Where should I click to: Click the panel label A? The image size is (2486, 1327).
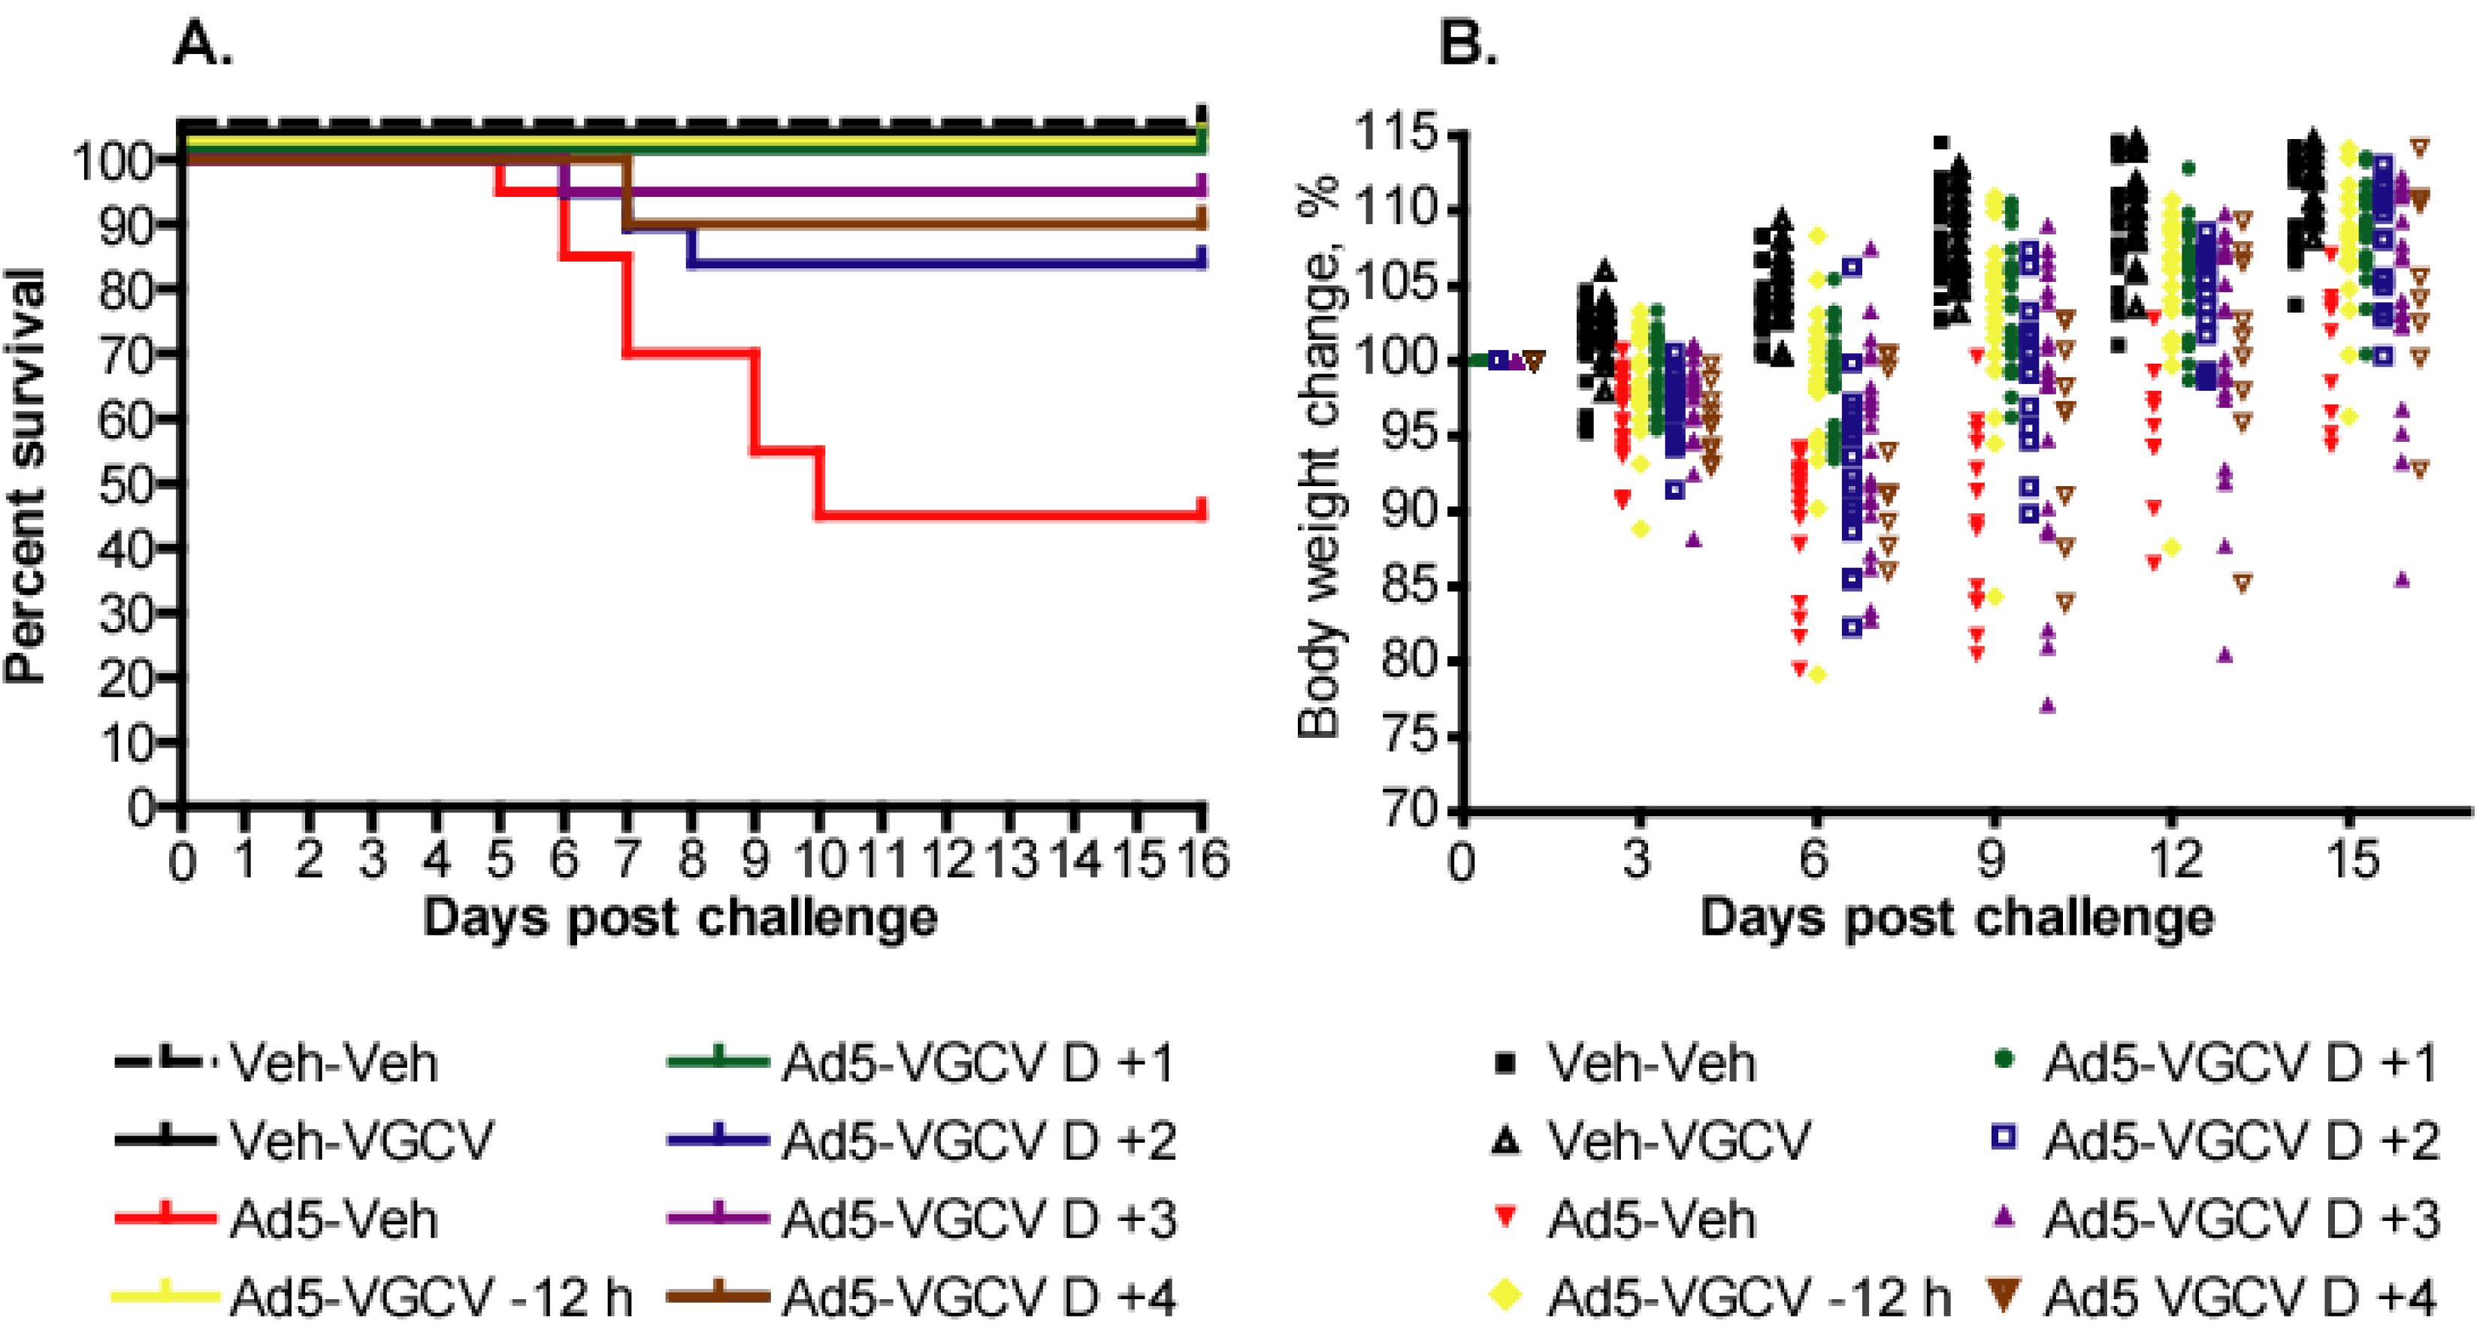(203, 43)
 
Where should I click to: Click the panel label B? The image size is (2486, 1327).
(1468, 43)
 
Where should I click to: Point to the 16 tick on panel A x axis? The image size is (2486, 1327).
(1202, 859)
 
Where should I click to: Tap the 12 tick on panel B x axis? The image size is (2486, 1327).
(2170, 859)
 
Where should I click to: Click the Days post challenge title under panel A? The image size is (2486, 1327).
(679, 917)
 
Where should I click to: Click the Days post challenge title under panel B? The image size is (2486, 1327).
(1956, 917)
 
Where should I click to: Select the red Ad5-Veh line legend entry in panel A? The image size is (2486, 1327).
(164, 1218)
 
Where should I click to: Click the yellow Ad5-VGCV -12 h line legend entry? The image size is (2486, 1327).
(164, 1296)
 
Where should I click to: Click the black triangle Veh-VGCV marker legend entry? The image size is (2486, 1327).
(1505, 1141)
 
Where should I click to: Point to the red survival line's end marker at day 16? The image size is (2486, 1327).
(1202, 509)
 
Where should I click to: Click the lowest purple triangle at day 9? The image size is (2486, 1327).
(2048, 706)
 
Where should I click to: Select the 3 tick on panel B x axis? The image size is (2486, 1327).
(1638, 859)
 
